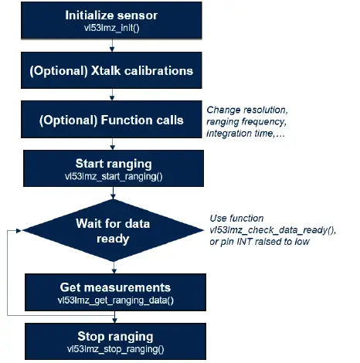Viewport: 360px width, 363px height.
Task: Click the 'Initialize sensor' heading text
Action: point(114,15)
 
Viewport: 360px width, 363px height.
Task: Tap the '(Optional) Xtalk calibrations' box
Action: point(114,71)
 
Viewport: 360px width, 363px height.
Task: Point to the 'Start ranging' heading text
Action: point(114,163)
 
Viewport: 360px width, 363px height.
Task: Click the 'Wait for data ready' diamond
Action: point(114,229)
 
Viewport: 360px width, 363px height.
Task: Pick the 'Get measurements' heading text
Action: point(114,287)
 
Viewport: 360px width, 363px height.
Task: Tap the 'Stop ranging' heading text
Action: point(114,337)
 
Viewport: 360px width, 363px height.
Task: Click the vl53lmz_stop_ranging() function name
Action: point(114,349)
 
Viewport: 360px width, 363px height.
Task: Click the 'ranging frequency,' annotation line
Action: point(245,121)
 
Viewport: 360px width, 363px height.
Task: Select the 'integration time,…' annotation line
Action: point(250,134)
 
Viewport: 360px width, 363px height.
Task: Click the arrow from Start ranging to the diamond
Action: point(114,194)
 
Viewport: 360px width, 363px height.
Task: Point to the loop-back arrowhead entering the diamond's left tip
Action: point(21,229)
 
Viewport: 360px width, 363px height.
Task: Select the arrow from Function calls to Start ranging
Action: point(114,143)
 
